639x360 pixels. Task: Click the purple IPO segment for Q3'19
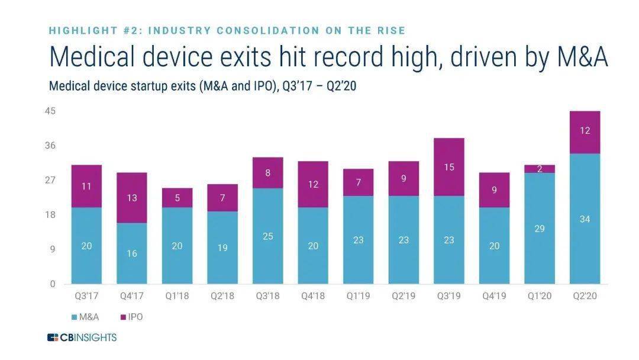pos(448,167)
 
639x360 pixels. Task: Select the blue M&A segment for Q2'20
pos(585,218)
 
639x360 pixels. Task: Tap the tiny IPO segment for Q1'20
pos(539,169)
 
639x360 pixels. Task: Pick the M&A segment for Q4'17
pos(131,253)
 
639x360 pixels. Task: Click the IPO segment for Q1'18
pos(177,198)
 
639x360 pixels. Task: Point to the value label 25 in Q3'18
pos(267,236)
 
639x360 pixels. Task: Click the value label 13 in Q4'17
pos(131,198)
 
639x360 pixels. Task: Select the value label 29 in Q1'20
pos(539,228)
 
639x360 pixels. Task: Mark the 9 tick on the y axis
pos(53,249)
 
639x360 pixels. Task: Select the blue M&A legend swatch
pos(73,317)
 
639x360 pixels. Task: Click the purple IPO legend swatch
pos(122,317)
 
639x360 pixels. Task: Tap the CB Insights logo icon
pos(53,338)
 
